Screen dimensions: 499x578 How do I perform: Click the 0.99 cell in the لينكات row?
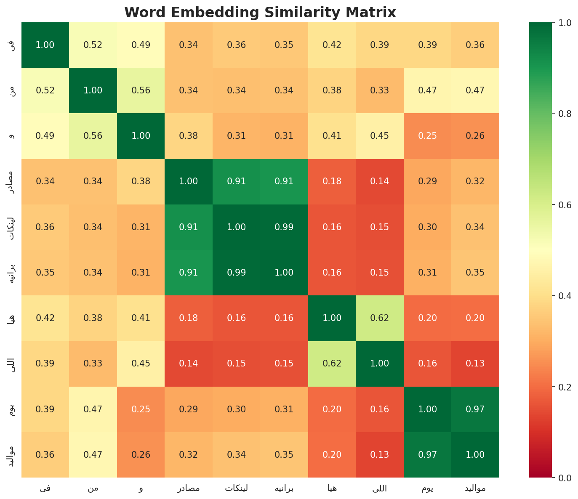point(284,227)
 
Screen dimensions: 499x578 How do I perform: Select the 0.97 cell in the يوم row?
point(475,409)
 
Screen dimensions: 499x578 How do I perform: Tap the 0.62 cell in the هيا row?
point(380,318)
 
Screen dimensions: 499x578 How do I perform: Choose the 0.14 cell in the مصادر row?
point(380,181)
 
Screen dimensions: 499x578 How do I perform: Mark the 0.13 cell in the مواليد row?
point(380,454)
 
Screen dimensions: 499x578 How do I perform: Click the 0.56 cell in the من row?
point(141,90)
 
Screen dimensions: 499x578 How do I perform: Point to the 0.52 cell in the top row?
point(93,45)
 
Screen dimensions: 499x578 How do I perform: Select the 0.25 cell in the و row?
point(428,136)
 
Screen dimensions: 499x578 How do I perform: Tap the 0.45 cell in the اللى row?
point(141,364)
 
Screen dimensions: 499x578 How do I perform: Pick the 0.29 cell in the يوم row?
point(188,409)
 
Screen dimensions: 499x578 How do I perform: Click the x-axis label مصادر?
point(188,488)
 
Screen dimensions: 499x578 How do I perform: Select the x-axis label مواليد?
point(475,488)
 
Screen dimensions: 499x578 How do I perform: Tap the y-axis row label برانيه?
point(13,273)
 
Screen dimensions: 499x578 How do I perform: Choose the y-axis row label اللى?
point(13,364)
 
